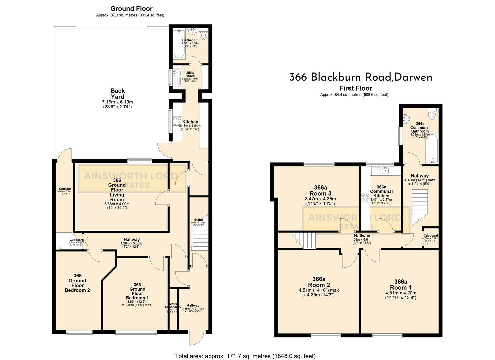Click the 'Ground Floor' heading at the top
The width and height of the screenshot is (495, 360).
131,9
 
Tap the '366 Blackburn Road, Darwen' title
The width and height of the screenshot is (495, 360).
360,77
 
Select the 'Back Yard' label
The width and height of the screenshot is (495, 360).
117,94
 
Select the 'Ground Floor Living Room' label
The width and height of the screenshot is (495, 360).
117,190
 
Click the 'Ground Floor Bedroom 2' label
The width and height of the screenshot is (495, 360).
77,283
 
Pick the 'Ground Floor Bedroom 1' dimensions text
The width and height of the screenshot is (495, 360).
136,303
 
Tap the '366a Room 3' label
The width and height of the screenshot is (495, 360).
320,190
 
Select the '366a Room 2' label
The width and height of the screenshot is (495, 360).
319,282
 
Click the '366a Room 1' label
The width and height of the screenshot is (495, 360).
400,284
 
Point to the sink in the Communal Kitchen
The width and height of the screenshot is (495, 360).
384,171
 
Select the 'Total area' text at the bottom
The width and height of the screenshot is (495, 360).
245,356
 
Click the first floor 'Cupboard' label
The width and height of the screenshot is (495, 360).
430,236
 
